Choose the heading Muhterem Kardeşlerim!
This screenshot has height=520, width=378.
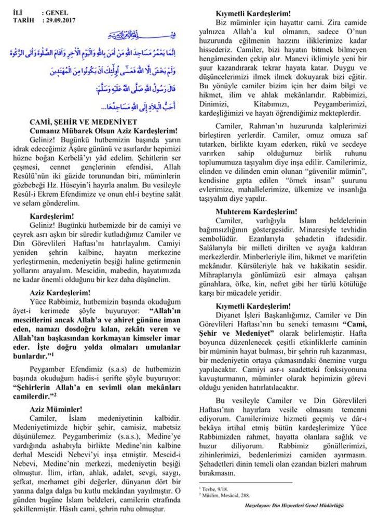pos(256,212)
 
